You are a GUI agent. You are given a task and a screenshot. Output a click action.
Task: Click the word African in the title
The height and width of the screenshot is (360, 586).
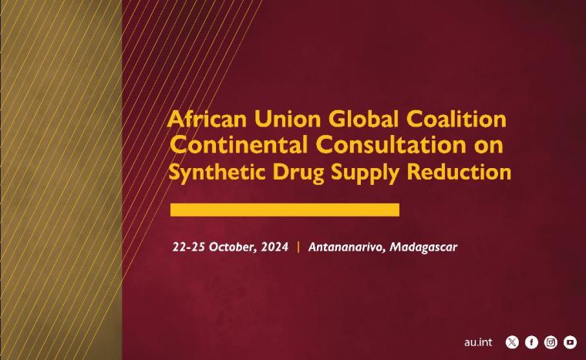[x=207, y=119]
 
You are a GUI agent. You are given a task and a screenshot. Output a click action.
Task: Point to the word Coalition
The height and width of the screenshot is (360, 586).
[x=456, y=119]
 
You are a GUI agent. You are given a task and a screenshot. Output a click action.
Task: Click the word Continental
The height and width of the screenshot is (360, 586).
[x=239, y=145]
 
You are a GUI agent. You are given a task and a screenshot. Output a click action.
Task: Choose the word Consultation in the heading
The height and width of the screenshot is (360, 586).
[x=391, y=145]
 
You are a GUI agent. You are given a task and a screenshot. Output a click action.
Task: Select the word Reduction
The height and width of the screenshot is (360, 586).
[x=459, y=172]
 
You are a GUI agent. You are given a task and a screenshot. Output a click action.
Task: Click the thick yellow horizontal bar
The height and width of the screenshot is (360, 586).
[x=285, y=210]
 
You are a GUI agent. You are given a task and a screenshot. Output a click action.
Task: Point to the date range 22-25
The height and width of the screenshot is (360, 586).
[x=188, y=247]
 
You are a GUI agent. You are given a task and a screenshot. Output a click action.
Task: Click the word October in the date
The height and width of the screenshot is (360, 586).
[x=233, y=247]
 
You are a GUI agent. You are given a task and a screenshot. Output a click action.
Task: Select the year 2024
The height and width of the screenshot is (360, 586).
[x=274, y=247]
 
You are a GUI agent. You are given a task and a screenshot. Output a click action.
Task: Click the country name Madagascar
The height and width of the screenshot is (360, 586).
[x=423, y=247]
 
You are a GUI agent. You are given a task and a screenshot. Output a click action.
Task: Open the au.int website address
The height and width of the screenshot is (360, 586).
[x=478, y=342]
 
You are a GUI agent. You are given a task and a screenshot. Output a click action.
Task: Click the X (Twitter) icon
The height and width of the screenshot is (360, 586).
[x=512, y=342]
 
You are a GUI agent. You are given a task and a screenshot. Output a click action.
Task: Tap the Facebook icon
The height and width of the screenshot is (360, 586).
[x=531, y=342]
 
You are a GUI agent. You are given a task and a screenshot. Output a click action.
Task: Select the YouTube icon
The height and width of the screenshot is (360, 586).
[x=570, y=342]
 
